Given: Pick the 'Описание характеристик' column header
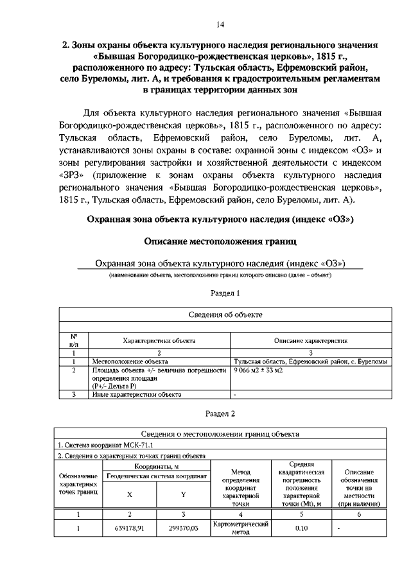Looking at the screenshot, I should pyautogui.click(x=311, y=341).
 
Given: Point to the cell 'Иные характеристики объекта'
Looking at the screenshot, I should pyautogui.click(x=137, y=395).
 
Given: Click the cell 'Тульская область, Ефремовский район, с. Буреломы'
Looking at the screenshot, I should pyautogui.click(x=310, y=362).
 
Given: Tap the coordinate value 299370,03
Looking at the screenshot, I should pyautogui.click(x=183, y=528).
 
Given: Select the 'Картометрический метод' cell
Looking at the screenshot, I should pyautogui.click(x=240, y=528).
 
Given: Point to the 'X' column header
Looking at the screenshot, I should pyautogui.click(x=130, y=494).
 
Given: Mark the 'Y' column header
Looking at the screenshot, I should pyautogui.click(x=183, y=494).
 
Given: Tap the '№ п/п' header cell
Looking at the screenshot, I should pyautogui.click(x=74, y=341).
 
